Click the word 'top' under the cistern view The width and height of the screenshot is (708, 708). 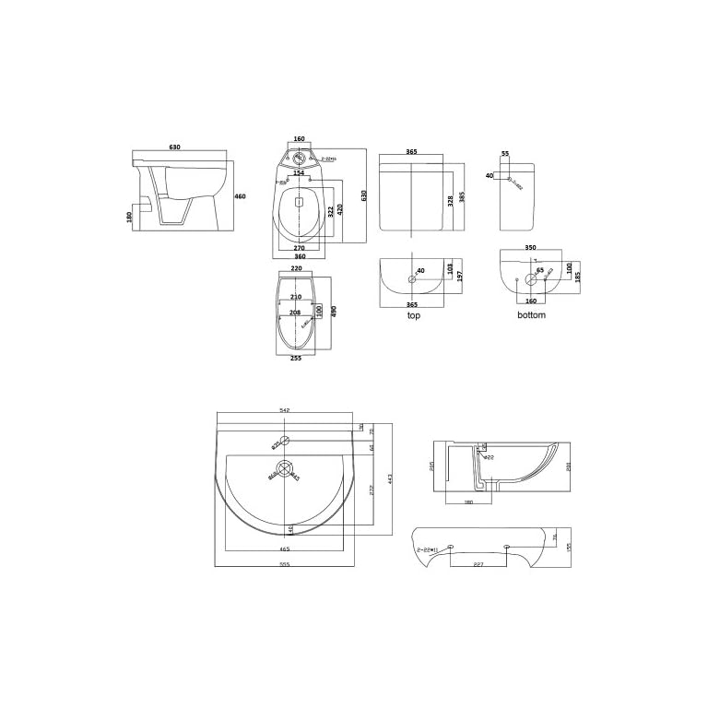(x=413, y=315)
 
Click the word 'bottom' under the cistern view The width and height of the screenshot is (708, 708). (x=531, y=315)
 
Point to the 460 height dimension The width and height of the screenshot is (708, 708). (x=240, y=196)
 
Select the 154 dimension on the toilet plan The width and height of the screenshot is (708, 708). (x=299, y=172)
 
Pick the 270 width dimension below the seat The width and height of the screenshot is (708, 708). (x=299, y=249)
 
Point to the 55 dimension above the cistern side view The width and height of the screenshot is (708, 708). (x=505, y=154)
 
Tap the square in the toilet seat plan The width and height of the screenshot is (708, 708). (x=299, y=199)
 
